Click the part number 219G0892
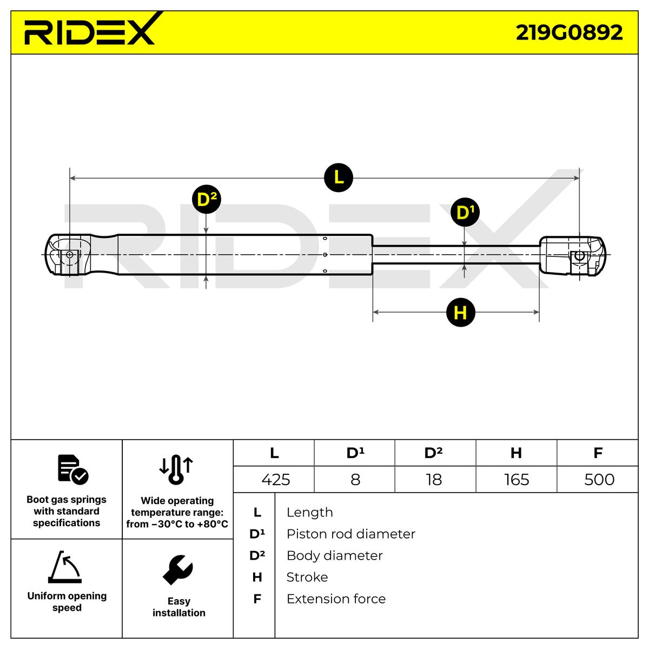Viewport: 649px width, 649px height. (x=569, y=32)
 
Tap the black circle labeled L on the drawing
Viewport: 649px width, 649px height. (x=339, y=177)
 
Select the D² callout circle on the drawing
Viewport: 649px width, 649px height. (x=207, y=200)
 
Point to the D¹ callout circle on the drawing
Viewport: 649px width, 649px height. (x=465, y=213)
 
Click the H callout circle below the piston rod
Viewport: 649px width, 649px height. (x=460, y=313)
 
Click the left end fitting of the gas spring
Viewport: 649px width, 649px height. (x=68, y=255)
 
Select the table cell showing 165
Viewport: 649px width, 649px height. (x=516, y=480)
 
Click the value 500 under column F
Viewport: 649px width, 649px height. (x=599, y=480)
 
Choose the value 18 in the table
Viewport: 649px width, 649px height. (x=434, y=480)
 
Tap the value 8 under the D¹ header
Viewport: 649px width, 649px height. (x=355, y=480)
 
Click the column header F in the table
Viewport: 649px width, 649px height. (x=598, y=453)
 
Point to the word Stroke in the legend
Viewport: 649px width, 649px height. (x=307, y=577)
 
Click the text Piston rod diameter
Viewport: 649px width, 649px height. (x=351, y=534)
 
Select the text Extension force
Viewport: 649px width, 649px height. (x=336, y=599)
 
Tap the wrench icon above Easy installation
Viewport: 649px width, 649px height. (x=178, y=570)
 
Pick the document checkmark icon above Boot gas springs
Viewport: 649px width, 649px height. (x=72, y=469)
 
